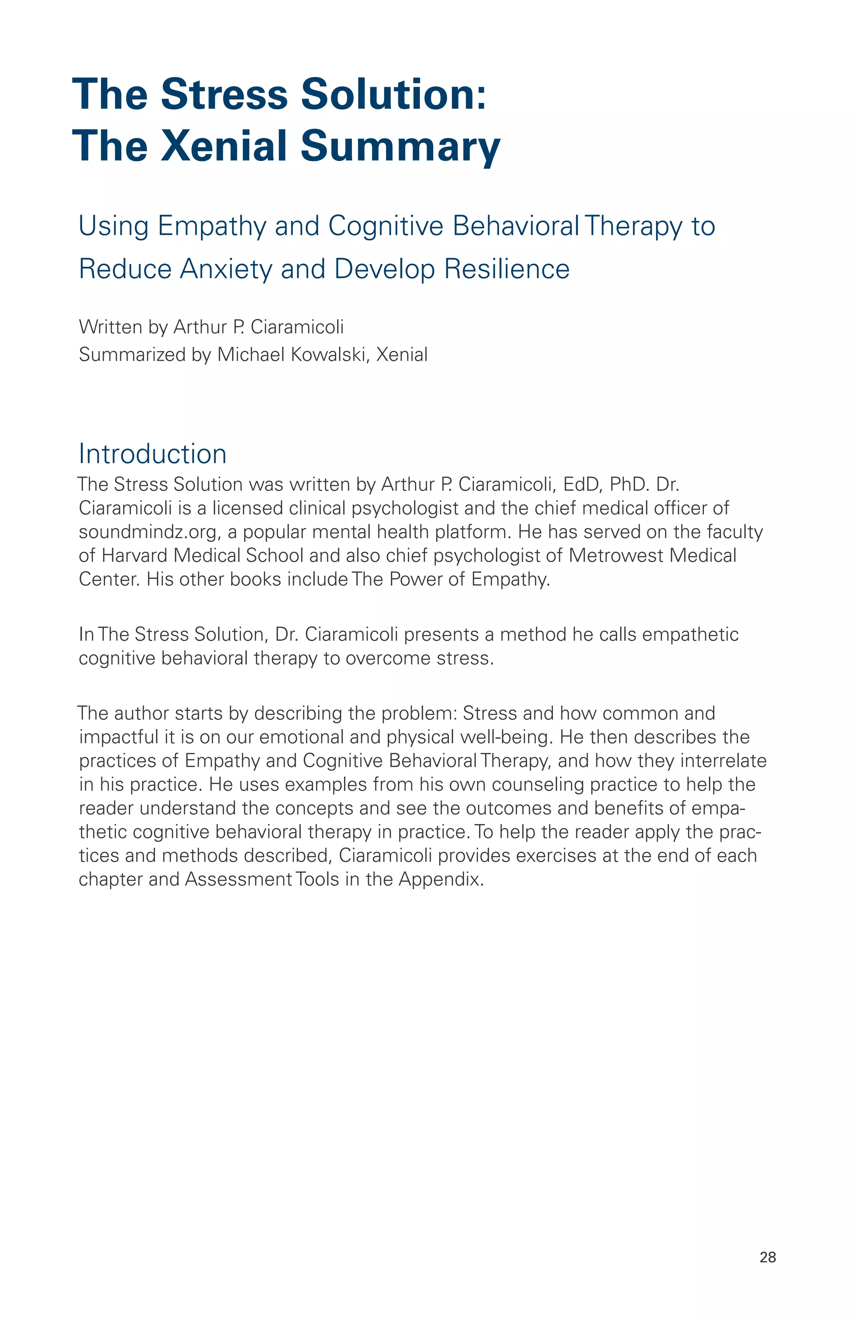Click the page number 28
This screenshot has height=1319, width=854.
pyautogui.click(x=768, y=1257)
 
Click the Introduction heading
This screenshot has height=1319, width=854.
pyautogui.click(x=152, y=454)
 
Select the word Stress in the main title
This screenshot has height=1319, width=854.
pyautogui.click(x=224, y=94)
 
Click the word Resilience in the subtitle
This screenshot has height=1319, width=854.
pyautogui.click(x=507, y=269)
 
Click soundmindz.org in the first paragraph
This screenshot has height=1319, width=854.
pyautogui.click(x=150, y=532)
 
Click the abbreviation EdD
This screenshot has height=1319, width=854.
pyautogui.click(x=582, y=484)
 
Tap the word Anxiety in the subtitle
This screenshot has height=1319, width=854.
pyautogui.click(x=226, y=269)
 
